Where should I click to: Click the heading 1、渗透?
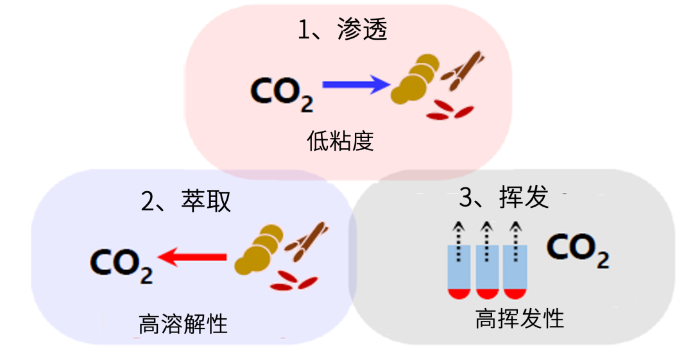pos(343,30)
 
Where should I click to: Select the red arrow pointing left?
pos(193,258)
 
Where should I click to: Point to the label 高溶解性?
pos(183,324)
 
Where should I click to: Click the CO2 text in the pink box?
pos(281,93)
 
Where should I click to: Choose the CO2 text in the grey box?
pos(577,250)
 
